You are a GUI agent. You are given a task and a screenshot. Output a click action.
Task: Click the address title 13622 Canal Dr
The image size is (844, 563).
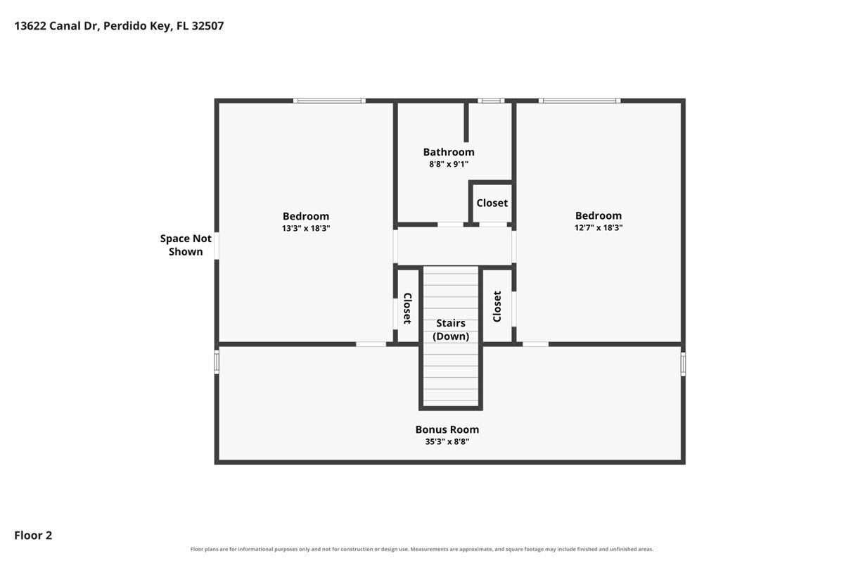[x=119, y=26]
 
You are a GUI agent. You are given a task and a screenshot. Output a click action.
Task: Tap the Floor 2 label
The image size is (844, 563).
[x=33, y=536]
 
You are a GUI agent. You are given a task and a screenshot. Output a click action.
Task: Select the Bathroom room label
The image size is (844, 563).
[x=449, y=152]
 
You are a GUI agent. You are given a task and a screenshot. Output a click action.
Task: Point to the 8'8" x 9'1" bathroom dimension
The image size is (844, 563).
[x=449, y=164]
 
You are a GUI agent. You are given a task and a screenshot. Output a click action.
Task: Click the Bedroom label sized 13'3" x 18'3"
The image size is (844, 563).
[x=306, y=216]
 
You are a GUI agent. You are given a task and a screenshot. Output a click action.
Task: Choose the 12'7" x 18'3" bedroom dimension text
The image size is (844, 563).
[x=599, y=227]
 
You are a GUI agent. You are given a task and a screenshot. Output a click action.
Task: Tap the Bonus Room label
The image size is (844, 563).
[x=447, y=429]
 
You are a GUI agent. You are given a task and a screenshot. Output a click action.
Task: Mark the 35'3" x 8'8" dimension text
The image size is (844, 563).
[x=447, y=441]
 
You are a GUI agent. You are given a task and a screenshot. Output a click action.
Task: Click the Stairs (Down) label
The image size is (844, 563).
[x=451, y=329]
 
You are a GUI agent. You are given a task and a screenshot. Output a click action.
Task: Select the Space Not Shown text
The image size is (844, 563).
[x=186, y=245]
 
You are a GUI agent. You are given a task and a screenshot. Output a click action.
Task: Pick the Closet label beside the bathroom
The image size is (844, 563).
[x=492, y=203]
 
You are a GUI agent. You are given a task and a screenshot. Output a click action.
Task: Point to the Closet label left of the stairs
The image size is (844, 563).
[x=407, y=308]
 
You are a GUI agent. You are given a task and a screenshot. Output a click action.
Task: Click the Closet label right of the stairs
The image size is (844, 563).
[x=497, y=307]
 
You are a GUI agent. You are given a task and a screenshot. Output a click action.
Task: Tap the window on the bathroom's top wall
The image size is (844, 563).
[x=491, y=101]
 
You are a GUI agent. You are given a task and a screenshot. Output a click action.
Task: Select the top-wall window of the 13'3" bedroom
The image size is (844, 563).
[x=329, y=101]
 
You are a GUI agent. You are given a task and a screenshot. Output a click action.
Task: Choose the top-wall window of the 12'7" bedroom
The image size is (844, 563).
[x=580, y=101]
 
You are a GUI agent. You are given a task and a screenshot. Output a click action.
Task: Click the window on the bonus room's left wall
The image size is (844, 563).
[x=217, y=362]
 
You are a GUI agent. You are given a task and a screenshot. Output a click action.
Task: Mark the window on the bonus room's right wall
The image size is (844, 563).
[x=683, y=365]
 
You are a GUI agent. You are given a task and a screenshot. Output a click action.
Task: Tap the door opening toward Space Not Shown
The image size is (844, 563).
[x=217, y=246]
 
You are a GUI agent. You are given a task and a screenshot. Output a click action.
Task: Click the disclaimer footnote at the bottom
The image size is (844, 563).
[x=422, y=549]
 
